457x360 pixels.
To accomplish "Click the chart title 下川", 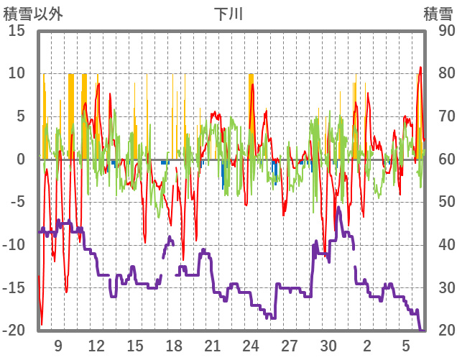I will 228,14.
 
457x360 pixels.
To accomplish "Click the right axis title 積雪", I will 438,14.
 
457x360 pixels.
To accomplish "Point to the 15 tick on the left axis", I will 17,31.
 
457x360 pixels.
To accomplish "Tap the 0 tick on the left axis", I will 20,160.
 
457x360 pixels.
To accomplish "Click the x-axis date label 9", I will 58,346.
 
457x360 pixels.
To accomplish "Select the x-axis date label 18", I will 174,346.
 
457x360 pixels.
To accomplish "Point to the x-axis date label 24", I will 251,346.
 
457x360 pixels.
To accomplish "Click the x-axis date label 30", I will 328,346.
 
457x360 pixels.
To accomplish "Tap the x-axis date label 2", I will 367,346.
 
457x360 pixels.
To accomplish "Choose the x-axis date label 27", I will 290,346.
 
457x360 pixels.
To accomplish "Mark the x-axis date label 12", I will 97,346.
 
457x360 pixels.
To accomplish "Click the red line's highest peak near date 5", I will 421,68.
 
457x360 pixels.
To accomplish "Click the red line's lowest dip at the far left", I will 42,324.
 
